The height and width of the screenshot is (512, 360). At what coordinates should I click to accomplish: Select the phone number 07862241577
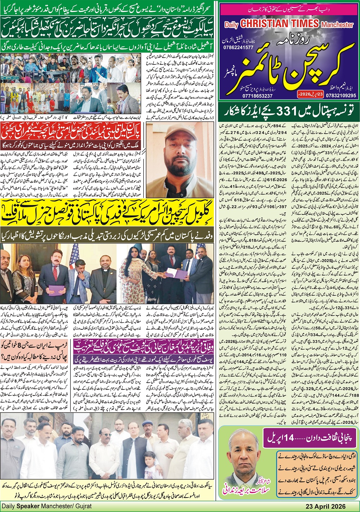click(238, 48)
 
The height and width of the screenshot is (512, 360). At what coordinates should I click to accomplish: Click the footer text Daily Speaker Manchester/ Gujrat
click(47, 506)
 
